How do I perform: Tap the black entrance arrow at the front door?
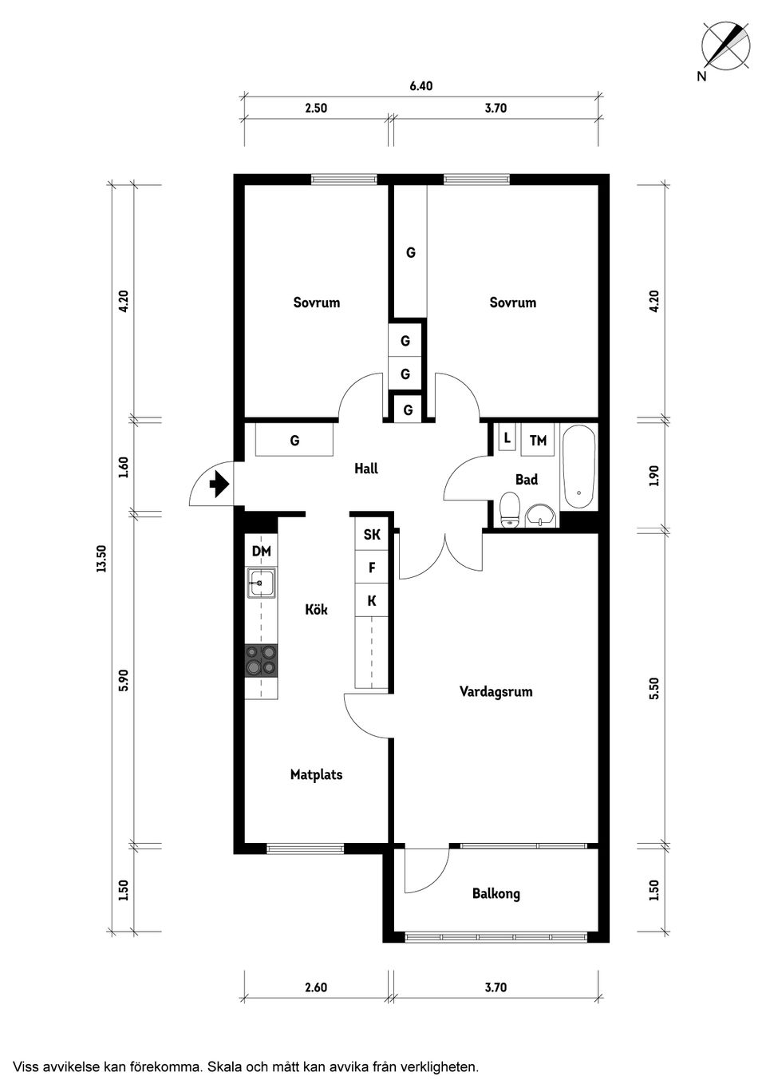point(219,484)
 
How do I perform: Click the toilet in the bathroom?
point(509,509)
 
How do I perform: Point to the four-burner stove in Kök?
point(261,661)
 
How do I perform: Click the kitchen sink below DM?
point(262,583)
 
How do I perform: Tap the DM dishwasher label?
point(261,551)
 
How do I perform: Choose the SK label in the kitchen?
point(371,534)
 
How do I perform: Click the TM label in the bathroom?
point(538,441)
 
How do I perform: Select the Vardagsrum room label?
point(496,691)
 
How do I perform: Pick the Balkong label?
point(496,893)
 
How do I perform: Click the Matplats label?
point(316,774)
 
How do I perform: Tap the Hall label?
point(366,469)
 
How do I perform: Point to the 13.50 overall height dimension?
point(101,559)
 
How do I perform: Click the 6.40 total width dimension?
point(421,85)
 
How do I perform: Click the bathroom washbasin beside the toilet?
point(541,516)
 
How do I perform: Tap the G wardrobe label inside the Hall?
point(294,441)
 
